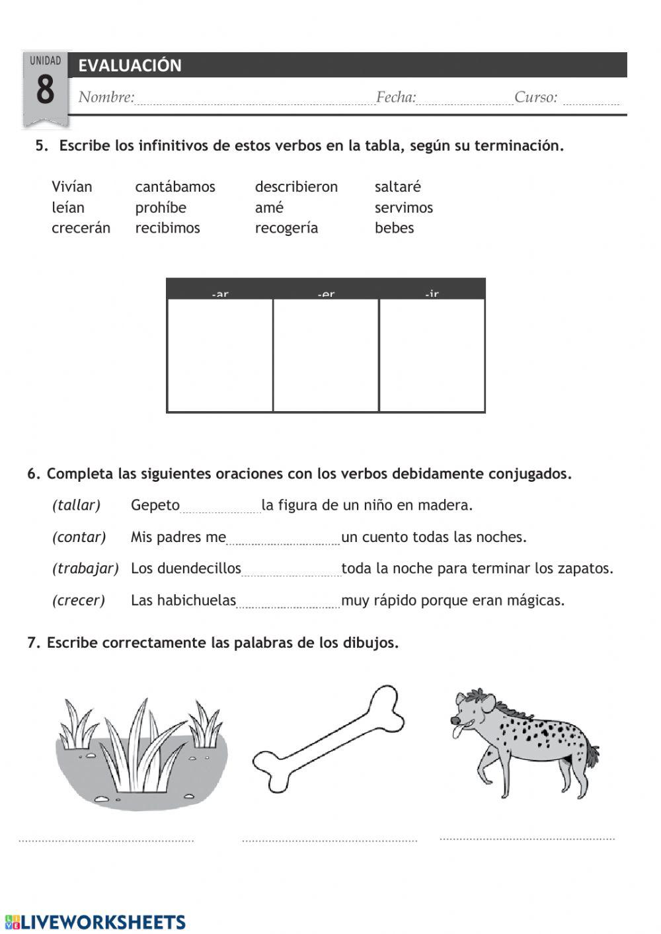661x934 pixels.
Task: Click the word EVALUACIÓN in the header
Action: (x=130, y=65)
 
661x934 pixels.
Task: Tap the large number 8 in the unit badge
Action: (x=45, y=90)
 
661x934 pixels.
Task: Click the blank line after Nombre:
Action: (x=254, y=99)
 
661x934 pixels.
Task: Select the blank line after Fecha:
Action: (x=465, y=99)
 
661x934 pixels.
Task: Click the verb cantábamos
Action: (x=175, y=187)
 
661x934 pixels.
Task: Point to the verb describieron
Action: (x=296, y=187)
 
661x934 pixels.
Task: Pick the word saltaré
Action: (x=397, y=187)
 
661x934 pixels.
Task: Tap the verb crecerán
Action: (x=81, y=228)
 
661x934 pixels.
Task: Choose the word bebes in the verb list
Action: (x=394, y=228)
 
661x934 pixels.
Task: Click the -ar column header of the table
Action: (x=220, y=293)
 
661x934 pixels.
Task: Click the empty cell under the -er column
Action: (x=326, y=355)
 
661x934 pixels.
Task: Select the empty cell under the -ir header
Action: (x=432, y=355)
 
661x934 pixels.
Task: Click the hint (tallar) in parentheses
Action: (x=76, y=506)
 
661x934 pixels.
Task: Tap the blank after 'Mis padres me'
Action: (x=283, y=539)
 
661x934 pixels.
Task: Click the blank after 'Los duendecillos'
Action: (x=291, y=571)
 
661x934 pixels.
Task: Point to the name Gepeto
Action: (x=155, y=506)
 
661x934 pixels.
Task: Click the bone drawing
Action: (x=329, y=739)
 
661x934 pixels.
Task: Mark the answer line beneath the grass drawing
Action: (x=106, y=840)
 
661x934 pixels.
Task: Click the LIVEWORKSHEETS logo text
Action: (x=102, y=922)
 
